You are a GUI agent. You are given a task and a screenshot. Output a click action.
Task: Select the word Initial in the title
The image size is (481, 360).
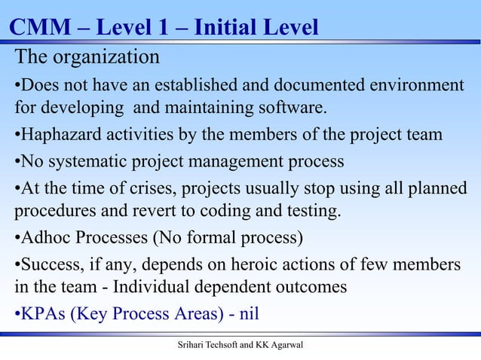point(225,29)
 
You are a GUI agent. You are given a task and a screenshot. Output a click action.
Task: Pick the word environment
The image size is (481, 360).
point(414,84)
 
